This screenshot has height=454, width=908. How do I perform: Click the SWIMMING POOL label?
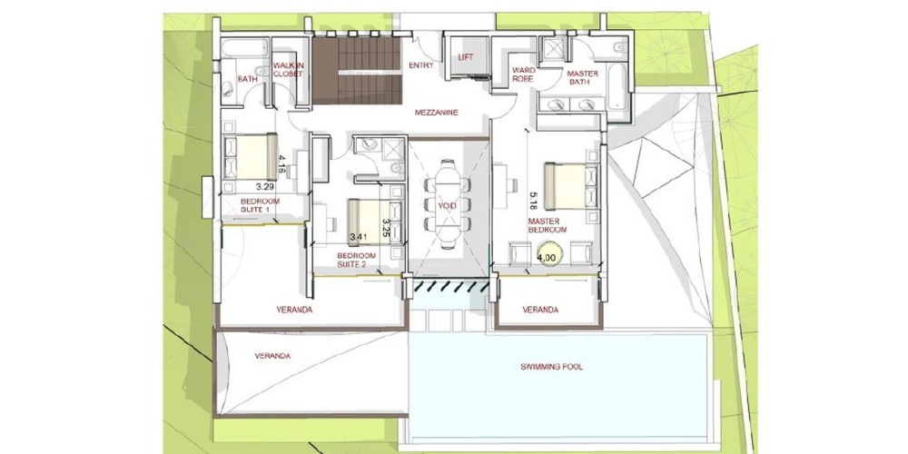[x=551, y=367]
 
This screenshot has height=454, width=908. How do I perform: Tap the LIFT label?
[x=466, y=57]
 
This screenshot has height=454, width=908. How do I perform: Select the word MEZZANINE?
[x=437, y=113]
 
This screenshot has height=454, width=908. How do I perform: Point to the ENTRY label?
[x=421, y=65]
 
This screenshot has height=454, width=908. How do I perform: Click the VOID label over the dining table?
[x=447, y=206]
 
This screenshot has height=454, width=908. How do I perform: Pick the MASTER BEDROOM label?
[x=547, y=225]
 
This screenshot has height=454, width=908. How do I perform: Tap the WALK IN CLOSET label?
[x=288, y=70]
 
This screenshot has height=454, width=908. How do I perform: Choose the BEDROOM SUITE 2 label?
[x=356, y=260]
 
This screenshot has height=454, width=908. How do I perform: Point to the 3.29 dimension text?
[x=264, y=187]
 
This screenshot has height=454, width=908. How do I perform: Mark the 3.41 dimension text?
[x=359, y=237]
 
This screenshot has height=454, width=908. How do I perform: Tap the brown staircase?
[x=357, y=71]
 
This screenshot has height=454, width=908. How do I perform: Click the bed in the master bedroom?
[x=570, y=186]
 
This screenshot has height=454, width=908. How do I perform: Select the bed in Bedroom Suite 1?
[x=251, y=157]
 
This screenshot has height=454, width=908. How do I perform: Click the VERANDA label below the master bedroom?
[x=540, y=310]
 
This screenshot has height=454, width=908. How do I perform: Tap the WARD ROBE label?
[x=524, y=74]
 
